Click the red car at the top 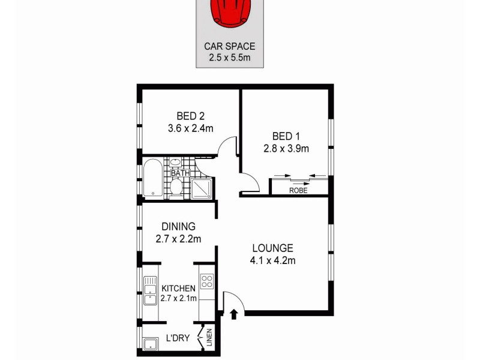[x=229, y=13]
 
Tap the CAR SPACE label [x=229, y=46]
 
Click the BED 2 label [x=191, y=116]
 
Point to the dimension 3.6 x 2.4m [x=191, y=128]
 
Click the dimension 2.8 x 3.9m [x=286, y=148]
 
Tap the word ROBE [x=298, y=190]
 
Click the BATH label [x=180, y=173]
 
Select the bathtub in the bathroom [x=152, y=178]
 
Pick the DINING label [x=179, y=227]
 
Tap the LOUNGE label [x=272, y=248]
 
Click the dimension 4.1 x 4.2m [x=272, y=260]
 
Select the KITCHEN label [x=178, y=289]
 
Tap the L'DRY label [x=178, y=339]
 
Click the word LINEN [x=209, y=339]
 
